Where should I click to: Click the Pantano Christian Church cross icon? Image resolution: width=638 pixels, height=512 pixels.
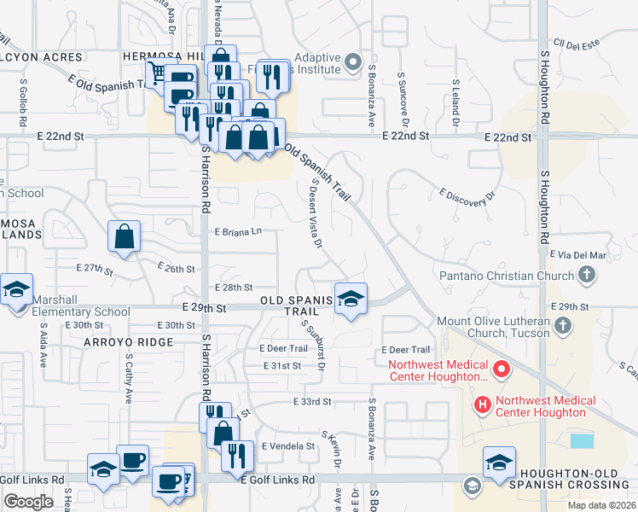click(586, 275)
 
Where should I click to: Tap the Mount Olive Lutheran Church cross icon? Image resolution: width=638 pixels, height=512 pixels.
click(563, 325)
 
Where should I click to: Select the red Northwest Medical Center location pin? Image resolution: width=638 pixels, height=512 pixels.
click(502, 371)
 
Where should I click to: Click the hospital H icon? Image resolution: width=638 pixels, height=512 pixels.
click(483, 404)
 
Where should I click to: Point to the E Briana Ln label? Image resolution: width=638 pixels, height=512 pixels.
click(238, 231)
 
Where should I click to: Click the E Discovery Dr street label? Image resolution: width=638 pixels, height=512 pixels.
click(467, 195)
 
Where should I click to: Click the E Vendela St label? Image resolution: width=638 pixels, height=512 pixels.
click(288, 446)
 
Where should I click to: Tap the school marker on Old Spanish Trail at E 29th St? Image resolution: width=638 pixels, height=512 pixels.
click(351, 299)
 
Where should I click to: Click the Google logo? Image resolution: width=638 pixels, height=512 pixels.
click(28, 501)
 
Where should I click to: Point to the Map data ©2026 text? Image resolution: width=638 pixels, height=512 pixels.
click(601, 505)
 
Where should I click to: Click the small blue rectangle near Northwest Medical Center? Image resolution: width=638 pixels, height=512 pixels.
click(582, 441)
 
